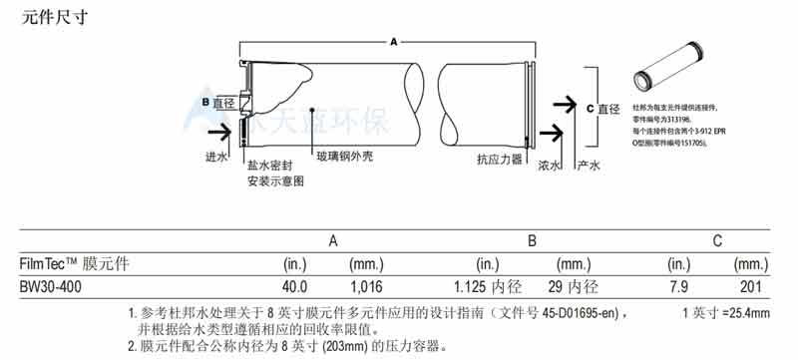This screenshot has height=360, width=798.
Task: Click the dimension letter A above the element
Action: click(x=394, y=43)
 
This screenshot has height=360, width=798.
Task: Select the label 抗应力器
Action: click(x=499, y=158)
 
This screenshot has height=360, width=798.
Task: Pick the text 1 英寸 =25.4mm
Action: click(x=725, y=314)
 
